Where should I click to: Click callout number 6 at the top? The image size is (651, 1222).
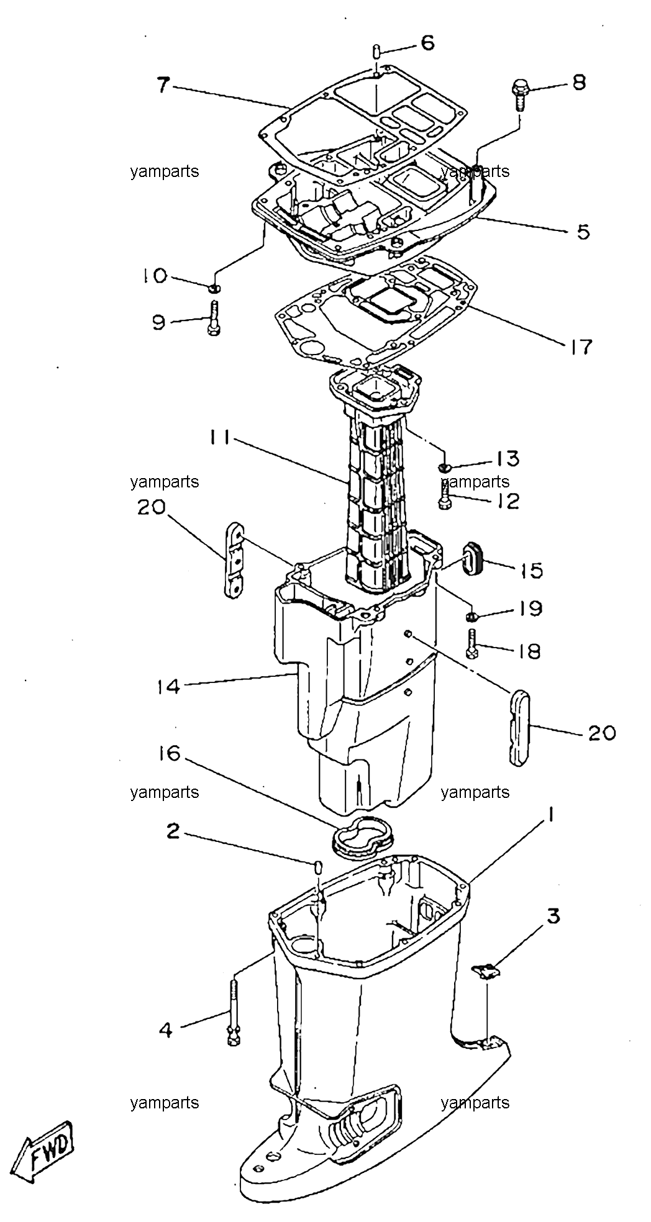pyautogui.click(x=427, y=43)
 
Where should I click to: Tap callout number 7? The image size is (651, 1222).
pyautogui.click(x=162, y=84)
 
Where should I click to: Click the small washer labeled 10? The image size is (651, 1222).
pyautogui.click(x=214, y=287)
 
